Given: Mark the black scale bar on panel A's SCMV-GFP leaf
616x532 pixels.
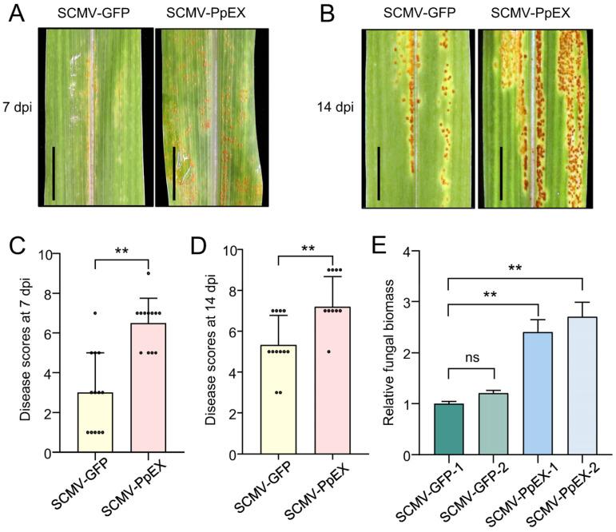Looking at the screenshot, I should click(x=54, y=173).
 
